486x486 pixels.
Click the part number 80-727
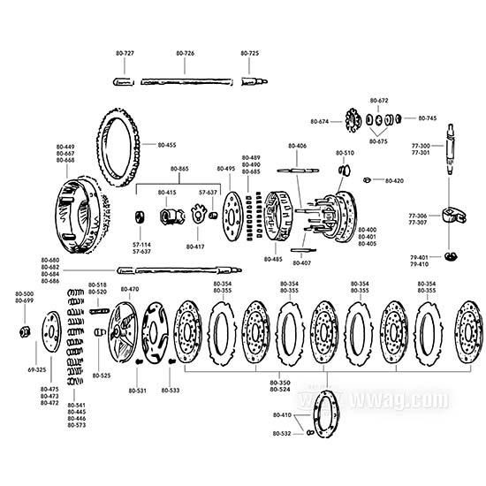125,54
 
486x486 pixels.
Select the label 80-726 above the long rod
186,54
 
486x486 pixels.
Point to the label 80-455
166,144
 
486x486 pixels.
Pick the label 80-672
379,101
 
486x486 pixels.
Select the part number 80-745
427,118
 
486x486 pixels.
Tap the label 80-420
394,180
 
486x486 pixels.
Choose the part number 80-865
178,168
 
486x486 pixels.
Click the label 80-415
167,192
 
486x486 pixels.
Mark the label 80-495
226,168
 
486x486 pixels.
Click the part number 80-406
297,146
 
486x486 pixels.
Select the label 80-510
345,153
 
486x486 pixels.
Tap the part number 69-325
36,368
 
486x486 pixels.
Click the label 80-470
129,289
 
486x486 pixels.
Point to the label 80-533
170,390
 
